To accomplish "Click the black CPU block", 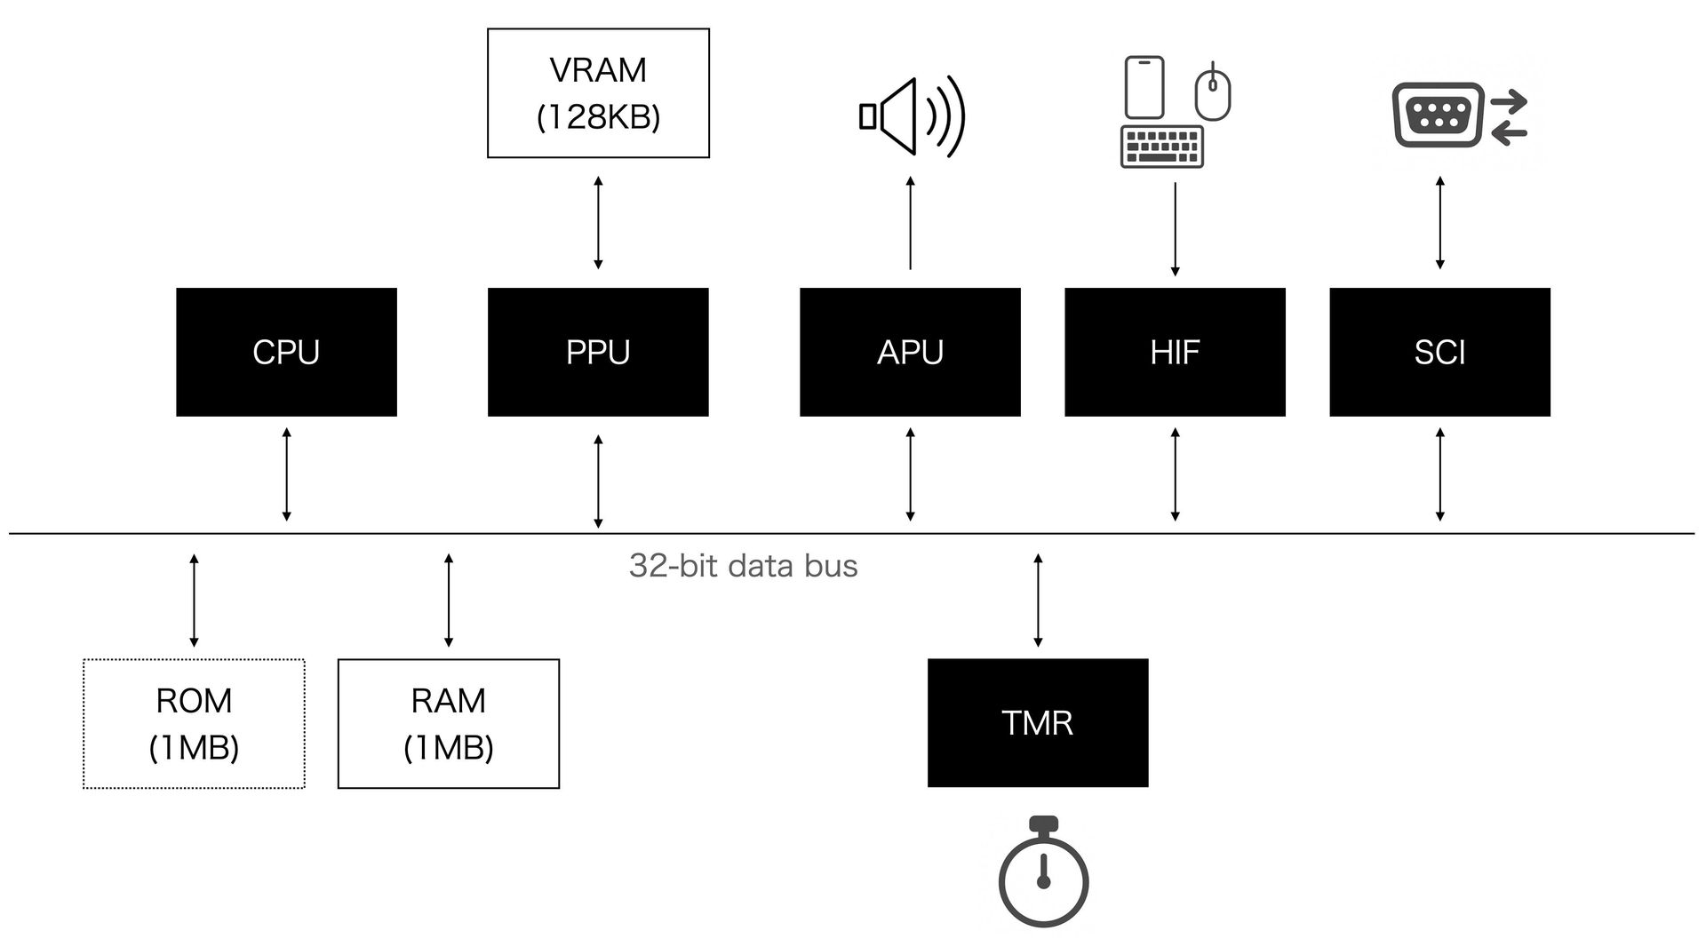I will pos(286,352).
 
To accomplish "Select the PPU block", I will pos(598,352).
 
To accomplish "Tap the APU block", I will pos(910,352).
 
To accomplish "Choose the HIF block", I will pos(1175,352).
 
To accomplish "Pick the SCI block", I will pos(1439,352).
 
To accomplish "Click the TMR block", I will pos(1038,722).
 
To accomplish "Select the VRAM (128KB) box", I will pos(598,93).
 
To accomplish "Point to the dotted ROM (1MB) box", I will pos(194,723).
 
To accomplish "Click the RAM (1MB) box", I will pos(449,723).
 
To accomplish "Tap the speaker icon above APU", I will pos(912,117).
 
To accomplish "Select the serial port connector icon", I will pos(1438,115).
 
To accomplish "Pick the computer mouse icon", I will pos(1213,92).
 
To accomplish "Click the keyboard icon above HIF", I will pos(1162,147).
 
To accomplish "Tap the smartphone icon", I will pos(1144,87).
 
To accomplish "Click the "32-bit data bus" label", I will pos(743,566).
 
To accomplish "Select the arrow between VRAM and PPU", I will pos(598,222).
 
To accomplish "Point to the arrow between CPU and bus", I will pos(286,474).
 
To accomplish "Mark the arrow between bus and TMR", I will pos(1038,600).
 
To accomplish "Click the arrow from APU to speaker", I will pos(910,222).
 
